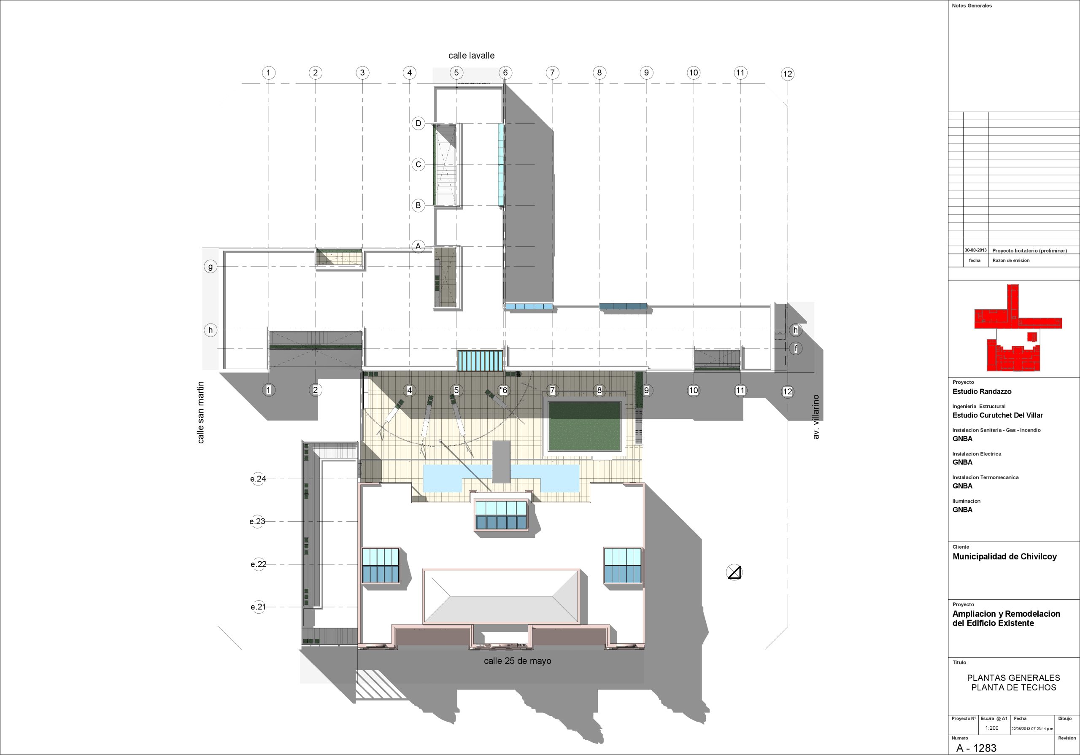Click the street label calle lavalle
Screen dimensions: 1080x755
point(471,56)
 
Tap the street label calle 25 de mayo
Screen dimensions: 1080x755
point(517,661)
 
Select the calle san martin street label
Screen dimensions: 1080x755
point(201,413)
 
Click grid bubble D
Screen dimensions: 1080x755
point(418,123)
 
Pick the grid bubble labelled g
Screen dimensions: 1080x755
point(210,267)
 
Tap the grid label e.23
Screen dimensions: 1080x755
point(257,521)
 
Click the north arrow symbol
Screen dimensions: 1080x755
point(734,572)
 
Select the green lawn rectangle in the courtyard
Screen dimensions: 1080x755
point(585,426)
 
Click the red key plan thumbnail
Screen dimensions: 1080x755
point(1018,328)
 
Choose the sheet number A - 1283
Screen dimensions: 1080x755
point(976,748)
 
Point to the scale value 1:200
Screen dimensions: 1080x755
point(991,728)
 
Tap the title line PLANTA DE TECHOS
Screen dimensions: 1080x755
point(1014,687)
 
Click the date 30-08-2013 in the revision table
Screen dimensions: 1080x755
point(975,250)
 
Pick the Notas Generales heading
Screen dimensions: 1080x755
point(972,5)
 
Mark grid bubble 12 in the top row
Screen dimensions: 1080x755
point(787,74)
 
